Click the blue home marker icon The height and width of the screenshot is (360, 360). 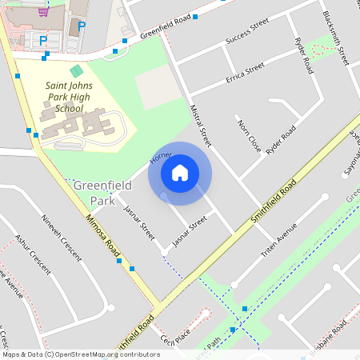[x=180, y=172]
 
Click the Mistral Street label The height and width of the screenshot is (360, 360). [x=200, y=124]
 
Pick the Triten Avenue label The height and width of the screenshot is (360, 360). [x=279, y=239]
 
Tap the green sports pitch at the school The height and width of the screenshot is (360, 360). [x=76, y=72]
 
